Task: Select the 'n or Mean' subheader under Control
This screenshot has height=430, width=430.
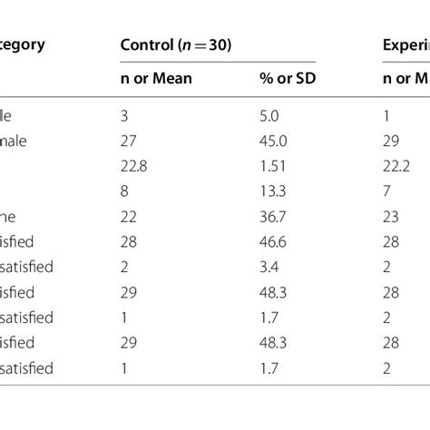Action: click(156, 79)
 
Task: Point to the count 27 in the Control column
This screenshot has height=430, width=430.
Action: click(128, 141)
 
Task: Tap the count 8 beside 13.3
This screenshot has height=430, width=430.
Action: click(124, 191)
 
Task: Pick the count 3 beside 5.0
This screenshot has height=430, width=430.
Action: click(124, 116)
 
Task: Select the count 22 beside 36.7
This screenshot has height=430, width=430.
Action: click(128, 217)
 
